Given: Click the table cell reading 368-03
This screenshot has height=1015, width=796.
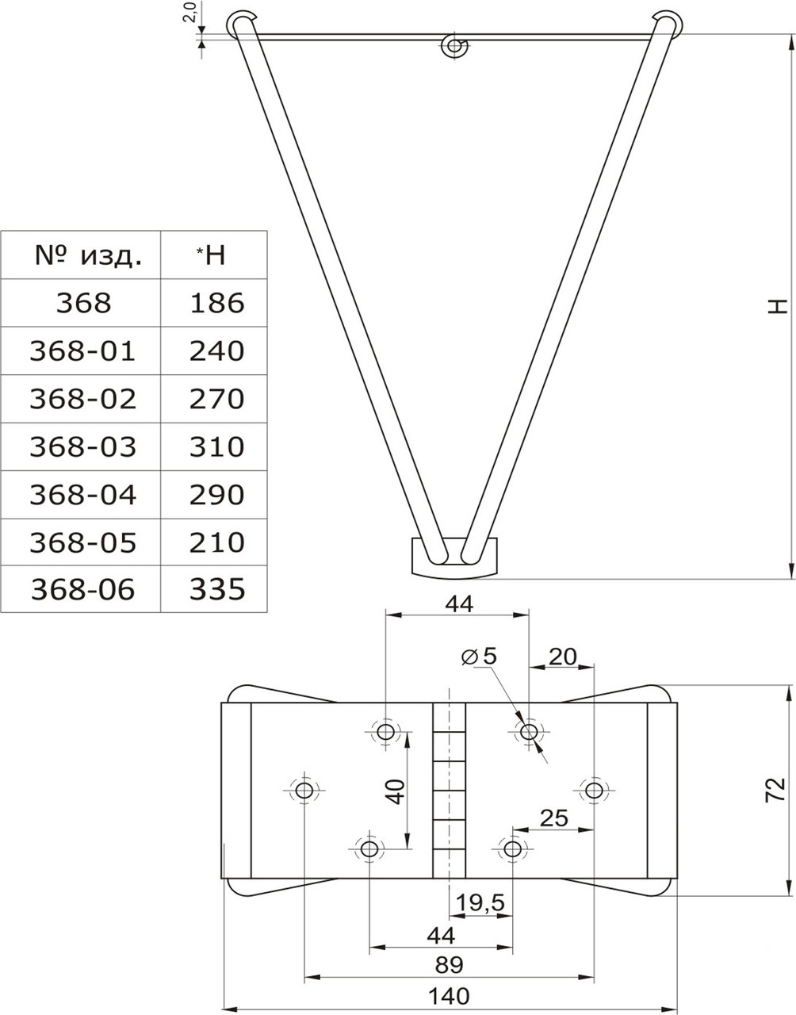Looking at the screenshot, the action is click(83, 447).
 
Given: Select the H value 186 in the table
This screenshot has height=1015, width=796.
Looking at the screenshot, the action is click(217, 303).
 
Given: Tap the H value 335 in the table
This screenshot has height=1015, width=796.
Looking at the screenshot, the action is click(217, 589).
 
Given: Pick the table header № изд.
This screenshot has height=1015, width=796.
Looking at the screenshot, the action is click(88, 255).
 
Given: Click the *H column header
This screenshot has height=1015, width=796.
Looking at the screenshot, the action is click(212, 255).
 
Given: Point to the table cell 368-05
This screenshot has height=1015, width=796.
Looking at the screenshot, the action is click(83, 542).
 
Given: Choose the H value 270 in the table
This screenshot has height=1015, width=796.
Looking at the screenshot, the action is click(217, 399).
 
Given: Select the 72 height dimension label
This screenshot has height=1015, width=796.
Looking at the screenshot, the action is click(775, 789).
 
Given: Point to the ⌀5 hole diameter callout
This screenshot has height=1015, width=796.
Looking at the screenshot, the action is click(479, 657).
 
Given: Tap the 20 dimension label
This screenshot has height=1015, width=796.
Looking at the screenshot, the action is click(563, 657).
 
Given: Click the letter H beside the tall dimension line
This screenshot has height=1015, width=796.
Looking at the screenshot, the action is click(779, 306).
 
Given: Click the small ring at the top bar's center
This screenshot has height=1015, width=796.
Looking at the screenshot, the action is click(454, 45).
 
